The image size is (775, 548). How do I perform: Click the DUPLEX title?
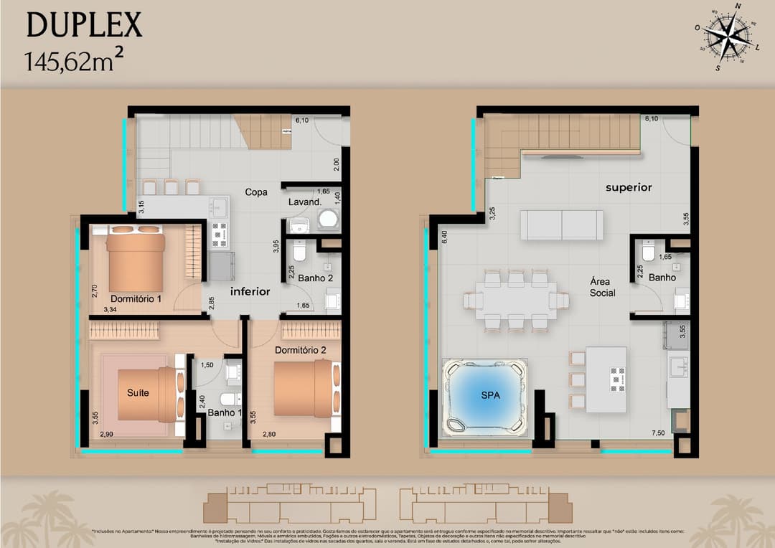(x=84, y=25)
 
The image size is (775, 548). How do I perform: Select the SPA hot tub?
(x=484, y=396)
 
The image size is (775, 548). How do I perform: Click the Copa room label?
(x=255, y=192)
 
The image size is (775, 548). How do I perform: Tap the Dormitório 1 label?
(x=135, y=298)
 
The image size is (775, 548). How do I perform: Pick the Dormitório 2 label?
(x=301, y=351)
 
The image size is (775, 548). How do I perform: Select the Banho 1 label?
(x=222, y=412)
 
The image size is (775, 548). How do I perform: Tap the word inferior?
(x=250, y=291)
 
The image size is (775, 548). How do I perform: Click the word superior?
(x=629, y=187)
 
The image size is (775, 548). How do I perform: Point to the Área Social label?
(x=602, y=287)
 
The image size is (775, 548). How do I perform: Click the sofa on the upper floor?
(x=561, y=225)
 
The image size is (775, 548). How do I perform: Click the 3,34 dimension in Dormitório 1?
(x=110, y=310)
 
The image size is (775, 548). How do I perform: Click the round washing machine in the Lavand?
(x=328, y=219)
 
